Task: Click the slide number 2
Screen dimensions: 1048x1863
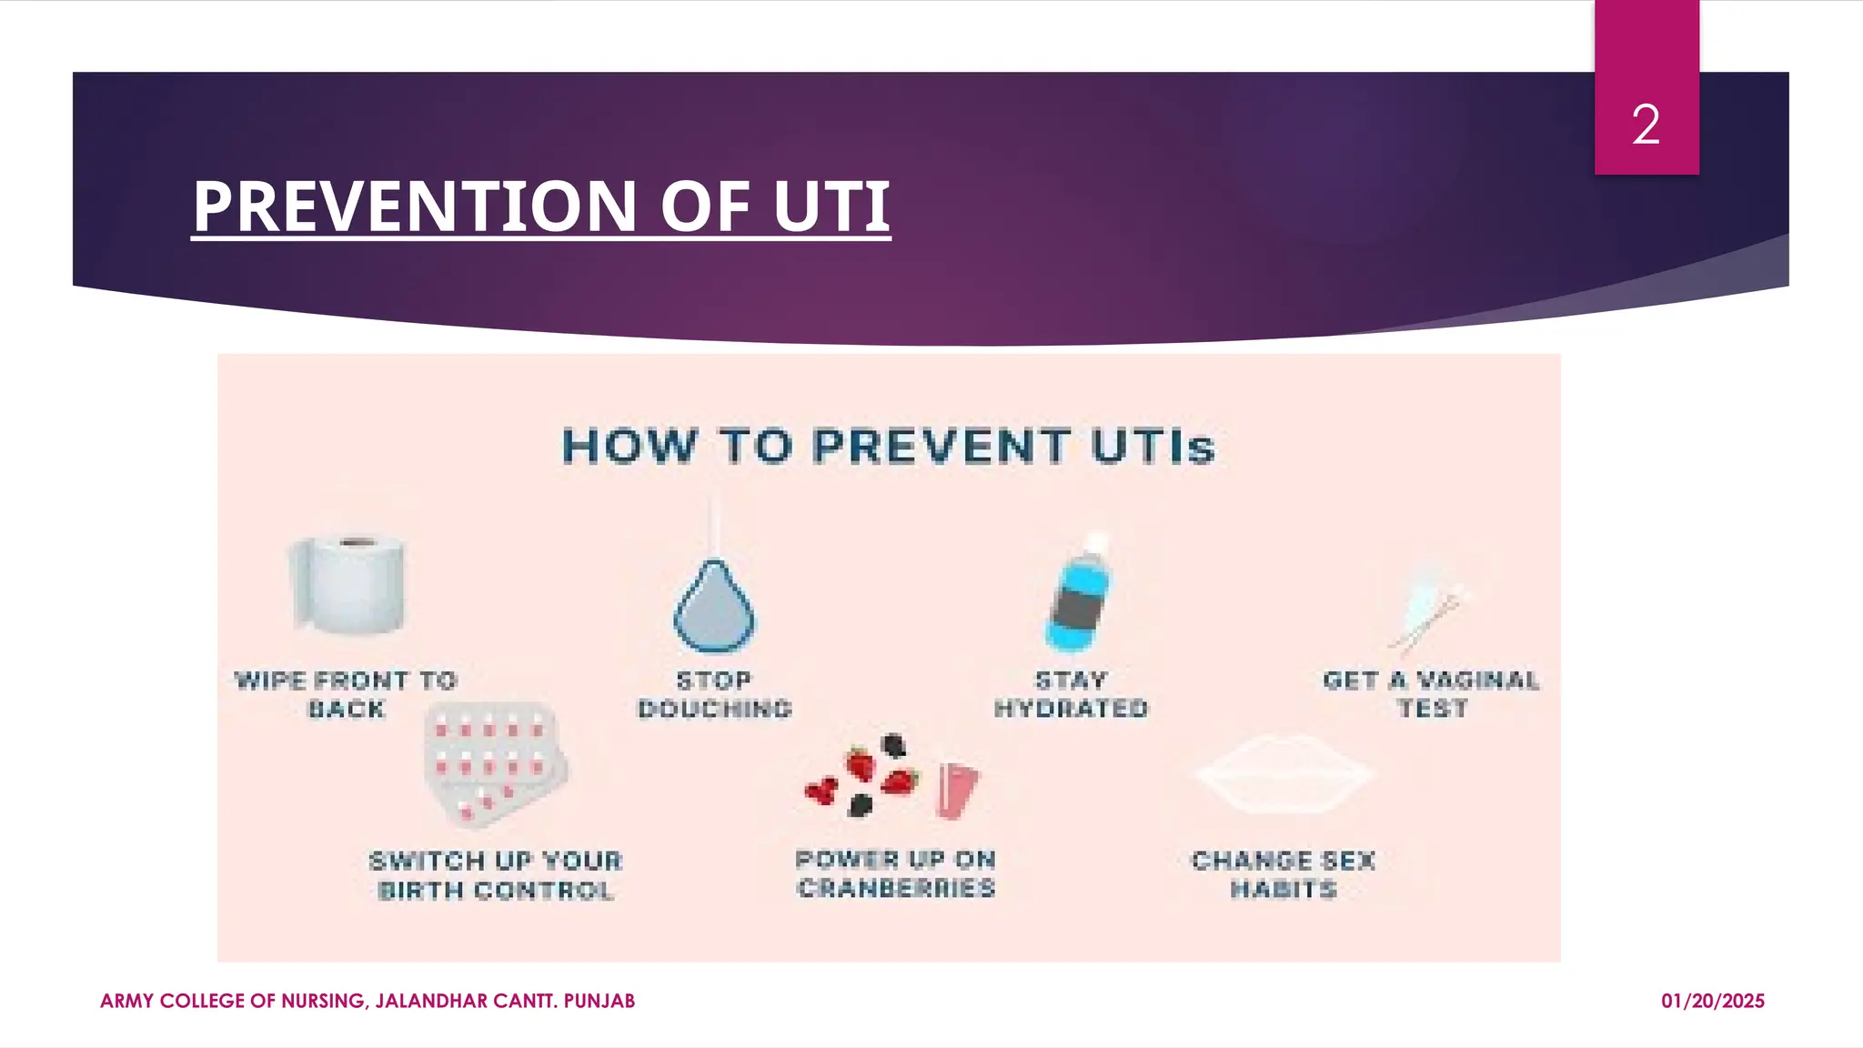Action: tap(1646, 125)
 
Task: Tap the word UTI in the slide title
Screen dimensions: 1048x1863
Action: tap(831, 207)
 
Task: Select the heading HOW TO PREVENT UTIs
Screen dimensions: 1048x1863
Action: tap(888, 447)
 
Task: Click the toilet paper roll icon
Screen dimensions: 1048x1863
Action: tap(347, 584)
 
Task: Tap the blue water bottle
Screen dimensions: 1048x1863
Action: tap(1078, 596)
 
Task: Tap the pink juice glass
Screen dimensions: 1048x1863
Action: tap(957, 788)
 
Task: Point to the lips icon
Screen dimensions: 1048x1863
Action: tap(1284, 773)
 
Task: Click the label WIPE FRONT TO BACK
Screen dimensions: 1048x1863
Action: tap(346, 694)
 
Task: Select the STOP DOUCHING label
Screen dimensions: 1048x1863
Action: tap(715, 694)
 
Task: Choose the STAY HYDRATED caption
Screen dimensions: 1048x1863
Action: tap(1071, 694)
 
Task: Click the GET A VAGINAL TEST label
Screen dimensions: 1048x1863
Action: tap(1431, 694)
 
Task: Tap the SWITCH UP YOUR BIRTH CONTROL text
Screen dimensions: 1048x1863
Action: tap(496, 875)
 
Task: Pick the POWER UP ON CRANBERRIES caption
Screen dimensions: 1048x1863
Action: tap(896, 873)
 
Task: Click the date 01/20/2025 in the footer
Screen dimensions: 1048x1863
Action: tap(1712, 1002)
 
